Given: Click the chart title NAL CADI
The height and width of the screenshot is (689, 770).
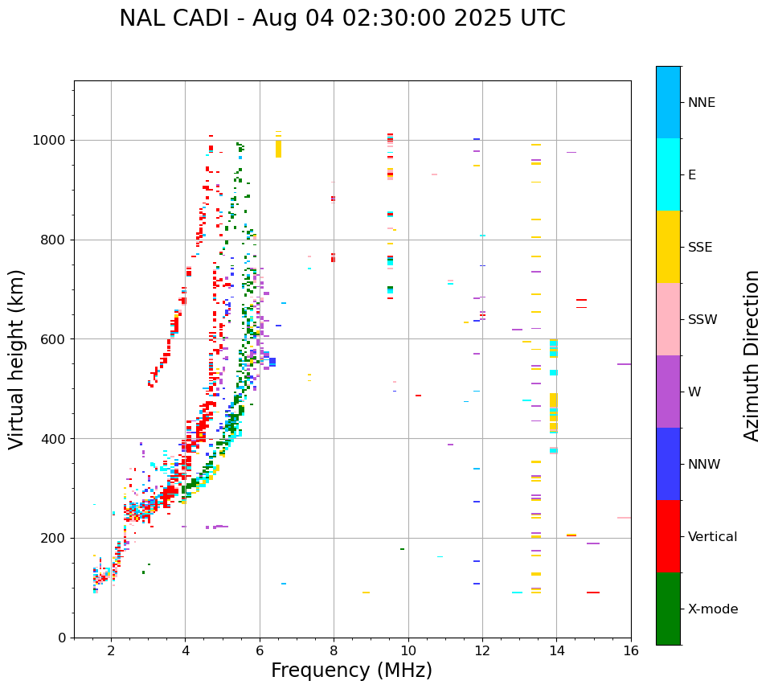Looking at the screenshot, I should click(x=342, y=18).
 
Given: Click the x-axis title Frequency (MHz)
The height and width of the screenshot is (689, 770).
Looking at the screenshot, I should click(x=351, y=671).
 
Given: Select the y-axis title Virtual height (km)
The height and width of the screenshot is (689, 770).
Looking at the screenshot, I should click(x=17, y=359).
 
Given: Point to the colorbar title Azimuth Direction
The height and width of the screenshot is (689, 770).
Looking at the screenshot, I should click(x=752, y=355).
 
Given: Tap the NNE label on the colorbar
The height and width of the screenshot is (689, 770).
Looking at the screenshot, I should click(x=701, y=103).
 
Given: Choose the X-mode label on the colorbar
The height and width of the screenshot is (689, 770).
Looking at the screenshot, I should click(x=712, y=609).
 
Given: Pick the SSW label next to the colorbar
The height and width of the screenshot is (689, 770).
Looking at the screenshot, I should click(x=702, y=320).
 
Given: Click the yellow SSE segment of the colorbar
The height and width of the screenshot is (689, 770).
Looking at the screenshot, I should click(x=668, y=247).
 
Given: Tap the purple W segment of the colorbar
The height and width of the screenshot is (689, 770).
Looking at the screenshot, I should click(x=668, y=392).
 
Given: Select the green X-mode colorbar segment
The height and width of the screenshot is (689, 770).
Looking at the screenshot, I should click(x=668, y=609).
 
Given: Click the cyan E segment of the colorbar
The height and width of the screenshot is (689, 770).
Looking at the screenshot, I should click(x=668, y=174).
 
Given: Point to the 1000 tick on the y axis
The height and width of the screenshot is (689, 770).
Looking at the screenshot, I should click(x=51, y=141).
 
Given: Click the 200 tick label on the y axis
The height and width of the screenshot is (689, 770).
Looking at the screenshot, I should click(x=55, y=539).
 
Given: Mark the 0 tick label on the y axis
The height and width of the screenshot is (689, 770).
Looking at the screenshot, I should click(x=62, y=638).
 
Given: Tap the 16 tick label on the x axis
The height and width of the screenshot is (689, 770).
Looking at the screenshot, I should click(x=631, y=650).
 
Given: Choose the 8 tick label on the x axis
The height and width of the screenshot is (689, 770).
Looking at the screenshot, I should click(x=334, y=650).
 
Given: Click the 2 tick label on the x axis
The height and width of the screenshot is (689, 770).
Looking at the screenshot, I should click(x=111, y=650).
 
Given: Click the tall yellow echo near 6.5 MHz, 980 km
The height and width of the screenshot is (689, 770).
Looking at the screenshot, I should click(x=278, y=149).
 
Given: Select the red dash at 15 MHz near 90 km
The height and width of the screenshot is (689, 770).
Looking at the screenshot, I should click(x=593, y=593).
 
